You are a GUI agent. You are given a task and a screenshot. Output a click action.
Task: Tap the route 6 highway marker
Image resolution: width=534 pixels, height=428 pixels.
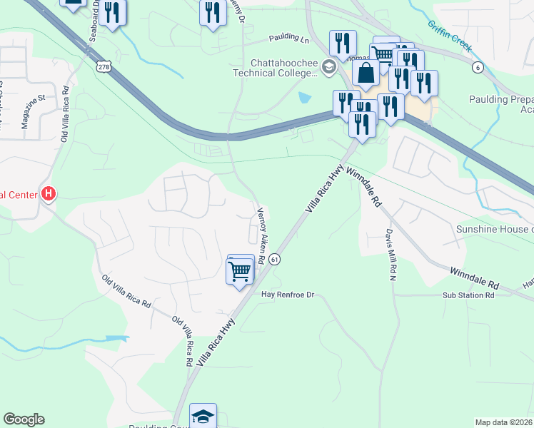[x=476, y=67]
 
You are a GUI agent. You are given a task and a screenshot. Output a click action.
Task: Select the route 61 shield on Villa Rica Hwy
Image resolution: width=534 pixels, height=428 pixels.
[x=275, y=260]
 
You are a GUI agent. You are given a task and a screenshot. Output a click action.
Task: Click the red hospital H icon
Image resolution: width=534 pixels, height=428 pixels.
[x=49, y=193]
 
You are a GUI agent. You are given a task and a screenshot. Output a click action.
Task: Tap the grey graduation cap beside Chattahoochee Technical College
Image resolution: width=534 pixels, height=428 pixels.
[x=328, y=68]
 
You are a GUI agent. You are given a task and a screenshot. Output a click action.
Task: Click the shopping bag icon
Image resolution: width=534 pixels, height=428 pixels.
[x=366, y=73]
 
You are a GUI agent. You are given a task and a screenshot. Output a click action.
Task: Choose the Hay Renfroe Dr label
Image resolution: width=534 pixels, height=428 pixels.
[x=288, y=294]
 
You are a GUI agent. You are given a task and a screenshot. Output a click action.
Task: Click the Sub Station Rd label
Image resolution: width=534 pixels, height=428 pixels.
[x=468, y=295]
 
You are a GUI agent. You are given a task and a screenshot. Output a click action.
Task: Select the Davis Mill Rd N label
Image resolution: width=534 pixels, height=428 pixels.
[x=390, y=255]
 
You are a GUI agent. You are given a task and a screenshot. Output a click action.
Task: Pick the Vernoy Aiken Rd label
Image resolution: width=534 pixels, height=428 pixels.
[x=262, y=235]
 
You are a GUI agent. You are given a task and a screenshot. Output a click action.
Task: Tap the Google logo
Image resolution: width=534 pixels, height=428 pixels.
[x=24, y=419]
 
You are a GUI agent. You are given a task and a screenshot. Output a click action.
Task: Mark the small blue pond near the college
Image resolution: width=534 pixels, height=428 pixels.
[x=305, y=98]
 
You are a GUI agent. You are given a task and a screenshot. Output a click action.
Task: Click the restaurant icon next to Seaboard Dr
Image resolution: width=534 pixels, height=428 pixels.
[x=112, y=14]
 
